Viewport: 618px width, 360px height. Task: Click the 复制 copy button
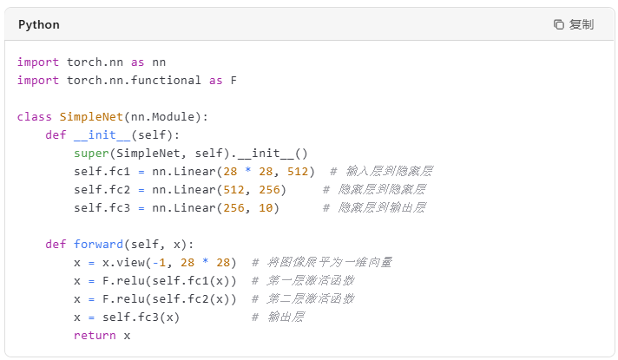click(574, 24)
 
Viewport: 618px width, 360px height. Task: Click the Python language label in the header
click(38, 24)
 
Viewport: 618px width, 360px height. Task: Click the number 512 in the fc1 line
click(299, 171)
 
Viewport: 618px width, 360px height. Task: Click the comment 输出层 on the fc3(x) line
click(279, 317)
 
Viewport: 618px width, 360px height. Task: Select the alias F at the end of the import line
click(233, 80)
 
